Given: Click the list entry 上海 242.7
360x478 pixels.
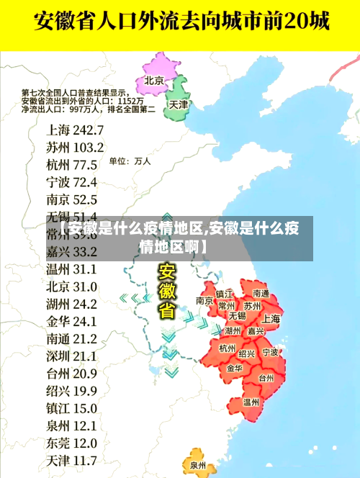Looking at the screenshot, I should [75, 130].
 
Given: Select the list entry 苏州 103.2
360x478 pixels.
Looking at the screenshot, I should [75, 148].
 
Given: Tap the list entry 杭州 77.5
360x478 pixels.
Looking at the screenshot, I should [71, 165].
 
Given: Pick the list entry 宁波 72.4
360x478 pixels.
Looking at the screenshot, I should [71, 182].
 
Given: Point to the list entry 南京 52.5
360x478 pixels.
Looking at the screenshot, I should [71, 199].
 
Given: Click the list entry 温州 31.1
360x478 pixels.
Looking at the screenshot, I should [71, 269].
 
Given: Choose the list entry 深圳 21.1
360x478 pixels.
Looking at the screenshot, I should [71, 356].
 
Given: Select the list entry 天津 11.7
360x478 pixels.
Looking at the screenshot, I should [71, 459].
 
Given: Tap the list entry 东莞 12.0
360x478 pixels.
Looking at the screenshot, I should [71, 442].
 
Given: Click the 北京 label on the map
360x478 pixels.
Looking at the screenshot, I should [154, 80].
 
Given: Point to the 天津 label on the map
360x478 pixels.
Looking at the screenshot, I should [178, 104].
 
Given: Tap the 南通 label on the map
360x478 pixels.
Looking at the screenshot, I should [261, 294].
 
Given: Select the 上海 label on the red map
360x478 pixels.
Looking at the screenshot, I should [271, 318].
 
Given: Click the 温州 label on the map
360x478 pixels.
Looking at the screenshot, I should [251, 402].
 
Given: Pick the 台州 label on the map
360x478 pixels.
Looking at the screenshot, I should [266, 378].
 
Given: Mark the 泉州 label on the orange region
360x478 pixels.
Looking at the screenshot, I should [198, 466].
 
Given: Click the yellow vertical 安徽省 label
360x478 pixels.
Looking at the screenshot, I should [167, 292].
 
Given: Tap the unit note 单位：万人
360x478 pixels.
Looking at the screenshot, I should [130, 162].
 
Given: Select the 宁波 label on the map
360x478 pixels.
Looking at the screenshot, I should [270, 352].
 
